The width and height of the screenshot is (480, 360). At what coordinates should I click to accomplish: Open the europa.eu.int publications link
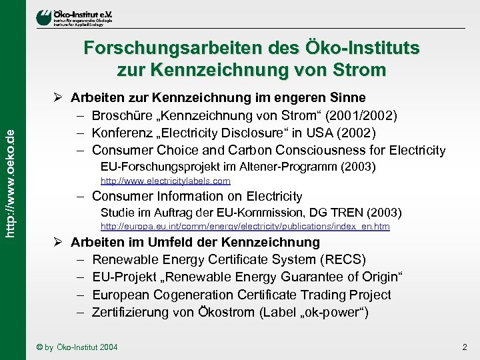tap(245, 227)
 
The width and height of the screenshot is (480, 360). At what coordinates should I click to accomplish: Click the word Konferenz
tap(122, 133)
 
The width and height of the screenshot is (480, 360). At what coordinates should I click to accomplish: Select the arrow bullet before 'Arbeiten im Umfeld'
tap(60, 242)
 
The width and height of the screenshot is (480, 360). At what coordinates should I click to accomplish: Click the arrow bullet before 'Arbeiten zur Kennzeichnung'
tap(60, 97)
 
